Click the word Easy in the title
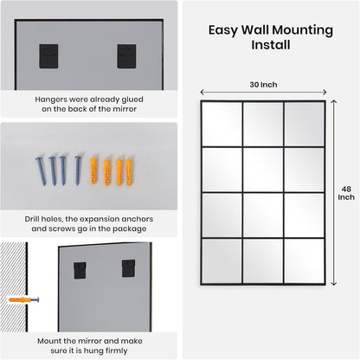coord(222,29)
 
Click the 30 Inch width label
coord(265,84)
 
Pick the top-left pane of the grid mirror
coord(222,123)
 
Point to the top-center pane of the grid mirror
coord(264,123)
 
